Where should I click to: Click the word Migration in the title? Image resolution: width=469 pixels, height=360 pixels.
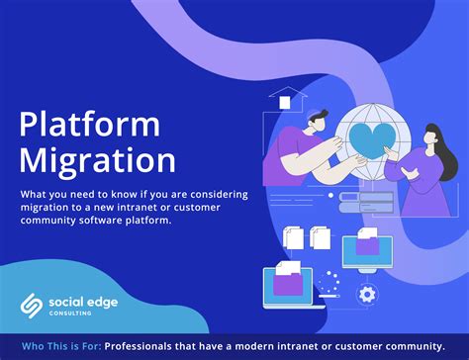pyautogui.click(x=96, y=160)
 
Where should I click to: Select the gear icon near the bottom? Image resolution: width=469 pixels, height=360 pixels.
pyautogui.click(x=367, y=294)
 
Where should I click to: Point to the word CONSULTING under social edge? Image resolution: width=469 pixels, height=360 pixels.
pyautogui.click(x=78, y=312)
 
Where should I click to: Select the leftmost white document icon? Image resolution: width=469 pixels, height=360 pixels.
pyautogui.click(x=294, y=237)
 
